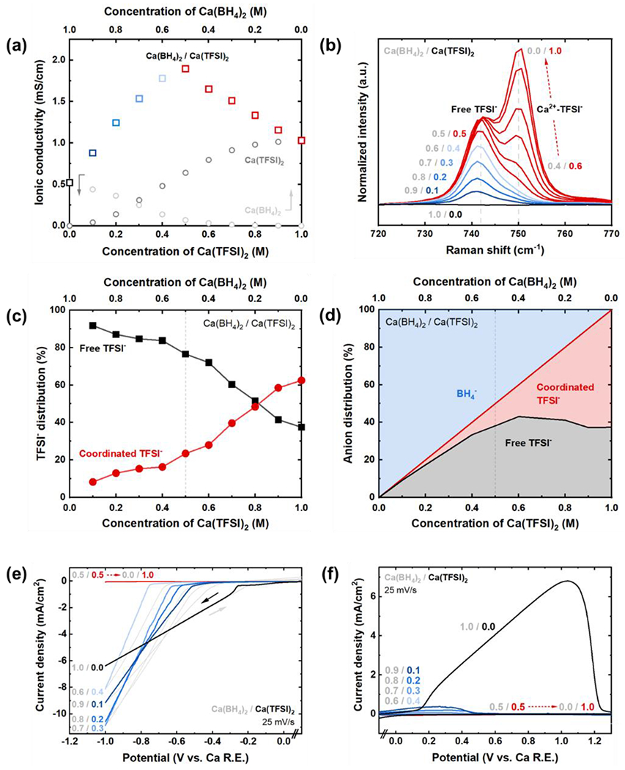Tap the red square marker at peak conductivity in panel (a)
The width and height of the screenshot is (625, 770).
pyautogui.click(x=185, y=69)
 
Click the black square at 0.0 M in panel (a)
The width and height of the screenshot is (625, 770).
pyautogui.click(x=70, y=183)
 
